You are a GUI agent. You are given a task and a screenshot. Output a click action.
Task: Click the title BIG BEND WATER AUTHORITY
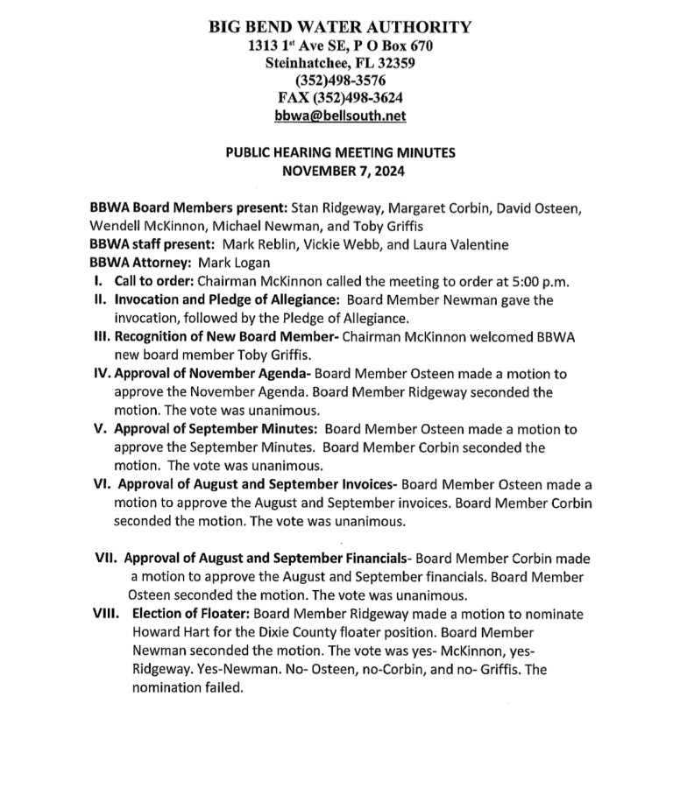[340, 27]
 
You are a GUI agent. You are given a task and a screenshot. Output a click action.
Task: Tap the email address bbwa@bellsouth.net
[340, 115]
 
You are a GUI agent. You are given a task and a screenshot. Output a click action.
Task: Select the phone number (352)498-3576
[340, 80]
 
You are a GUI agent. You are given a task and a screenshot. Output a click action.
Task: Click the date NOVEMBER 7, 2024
[340, 169]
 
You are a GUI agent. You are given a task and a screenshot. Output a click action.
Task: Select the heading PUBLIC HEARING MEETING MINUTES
[340, 151]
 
